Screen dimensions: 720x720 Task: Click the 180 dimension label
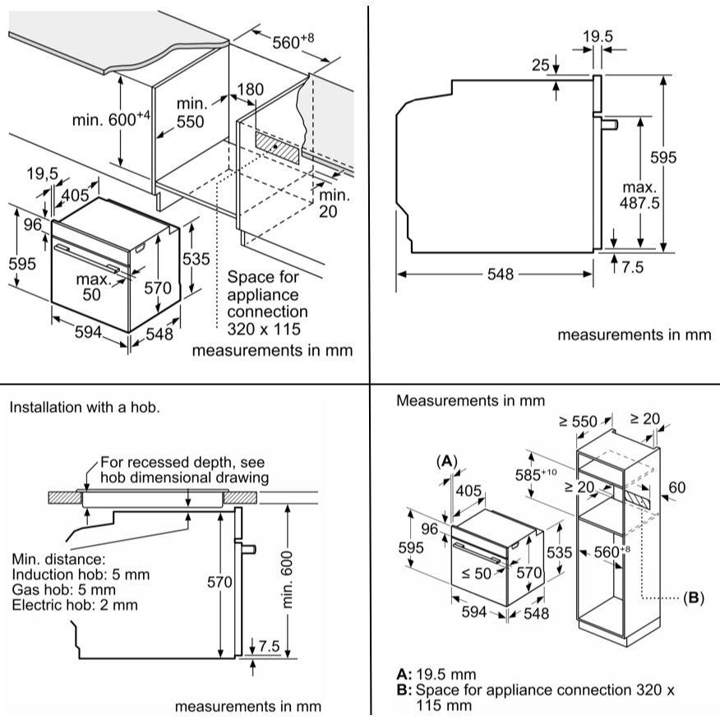point(250,89)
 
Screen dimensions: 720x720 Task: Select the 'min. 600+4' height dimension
point(111,119)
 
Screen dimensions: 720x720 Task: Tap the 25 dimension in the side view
point(541,65)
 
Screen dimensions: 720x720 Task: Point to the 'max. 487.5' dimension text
point(639,195)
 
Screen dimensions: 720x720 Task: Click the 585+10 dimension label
point(536,474)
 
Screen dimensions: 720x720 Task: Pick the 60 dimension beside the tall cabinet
point(676,487)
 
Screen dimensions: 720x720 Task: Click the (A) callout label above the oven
point(447,460)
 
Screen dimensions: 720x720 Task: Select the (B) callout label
point(694,598)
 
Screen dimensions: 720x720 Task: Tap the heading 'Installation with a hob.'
point(85,408)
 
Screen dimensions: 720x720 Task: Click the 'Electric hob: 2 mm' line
point(75,605)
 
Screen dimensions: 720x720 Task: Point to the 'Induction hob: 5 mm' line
point(81,575)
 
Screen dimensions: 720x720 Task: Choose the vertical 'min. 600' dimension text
point(287,579)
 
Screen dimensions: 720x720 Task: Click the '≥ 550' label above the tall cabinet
point(578,421)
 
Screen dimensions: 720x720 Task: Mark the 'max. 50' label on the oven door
point(93,287)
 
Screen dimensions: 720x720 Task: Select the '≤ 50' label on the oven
point(476,573)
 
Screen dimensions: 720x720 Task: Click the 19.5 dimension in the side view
point(598,36)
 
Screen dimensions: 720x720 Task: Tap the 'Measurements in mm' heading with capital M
point(471,400)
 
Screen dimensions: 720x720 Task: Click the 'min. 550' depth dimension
point(191,113)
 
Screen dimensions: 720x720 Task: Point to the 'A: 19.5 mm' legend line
point(436,674)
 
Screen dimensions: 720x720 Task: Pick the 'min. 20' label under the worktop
point(335,203)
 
